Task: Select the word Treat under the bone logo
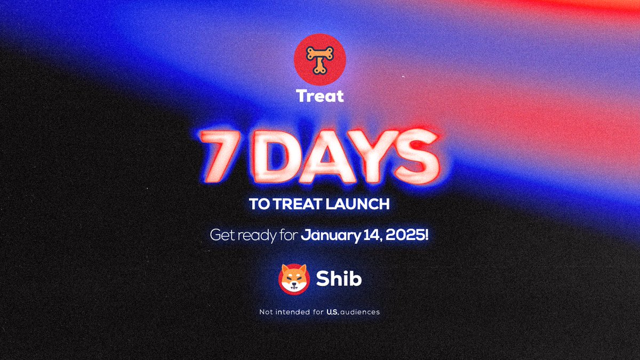tap(320, 96)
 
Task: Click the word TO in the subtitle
tap(258, 204)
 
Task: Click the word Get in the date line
tap(220, 235)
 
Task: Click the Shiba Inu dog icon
tap(294, 279)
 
